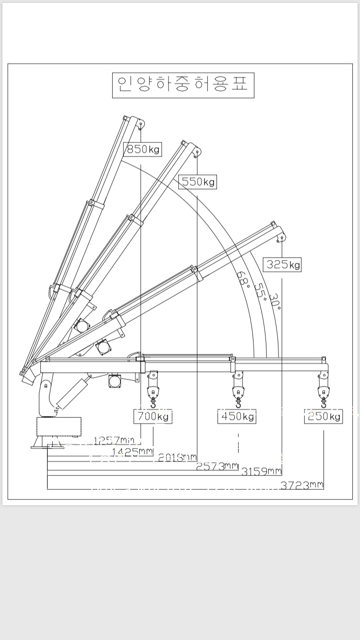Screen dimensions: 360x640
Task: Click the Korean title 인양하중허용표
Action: (183, 85)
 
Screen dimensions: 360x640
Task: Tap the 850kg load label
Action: (143, 150)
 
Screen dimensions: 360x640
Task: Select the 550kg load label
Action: (197, 182)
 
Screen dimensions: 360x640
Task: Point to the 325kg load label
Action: (283, 264)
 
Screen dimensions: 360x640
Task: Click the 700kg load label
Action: (153, 416)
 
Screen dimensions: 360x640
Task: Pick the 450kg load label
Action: (237, 416)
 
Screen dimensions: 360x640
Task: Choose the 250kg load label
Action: (324, 416)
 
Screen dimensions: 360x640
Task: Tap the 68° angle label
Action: (244, 278)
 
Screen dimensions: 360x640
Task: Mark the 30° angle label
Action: (275, 301)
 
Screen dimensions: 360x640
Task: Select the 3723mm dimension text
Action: (302, 486)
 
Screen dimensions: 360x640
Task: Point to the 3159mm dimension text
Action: (261, 472)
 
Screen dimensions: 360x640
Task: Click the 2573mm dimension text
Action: (217, 466)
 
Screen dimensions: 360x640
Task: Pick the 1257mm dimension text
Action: (114, 440)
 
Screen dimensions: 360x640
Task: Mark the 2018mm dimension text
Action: (177, 458)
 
